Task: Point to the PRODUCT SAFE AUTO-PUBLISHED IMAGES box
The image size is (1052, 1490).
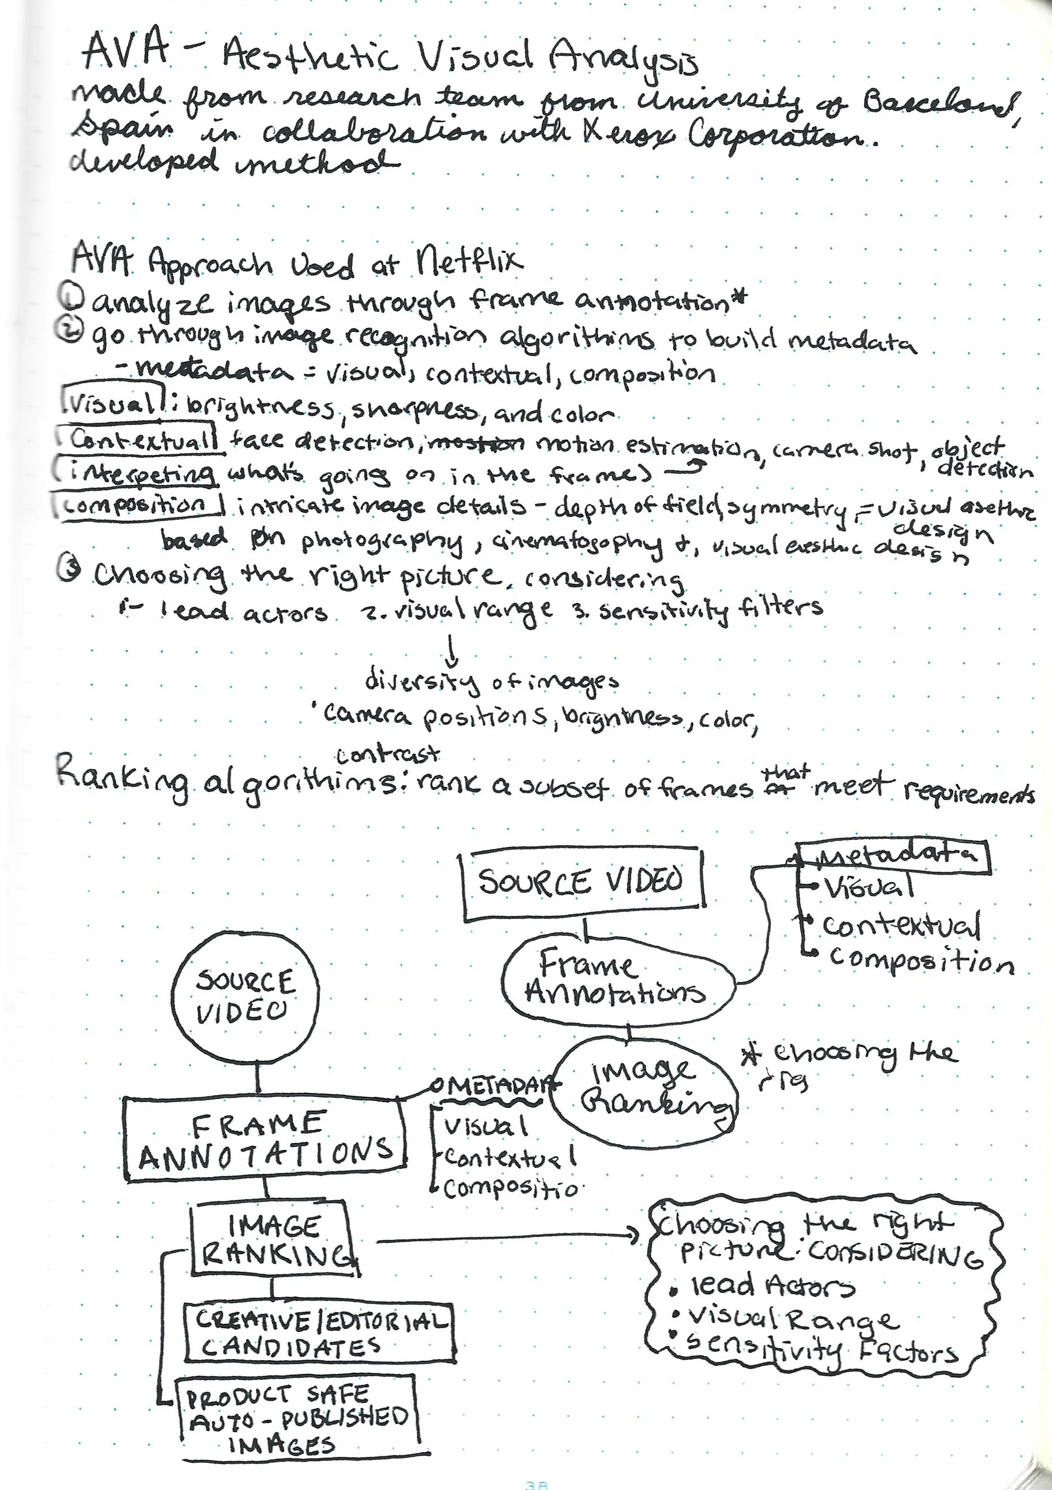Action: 297,1418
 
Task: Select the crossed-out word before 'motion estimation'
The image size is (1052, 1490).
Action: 476,443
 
